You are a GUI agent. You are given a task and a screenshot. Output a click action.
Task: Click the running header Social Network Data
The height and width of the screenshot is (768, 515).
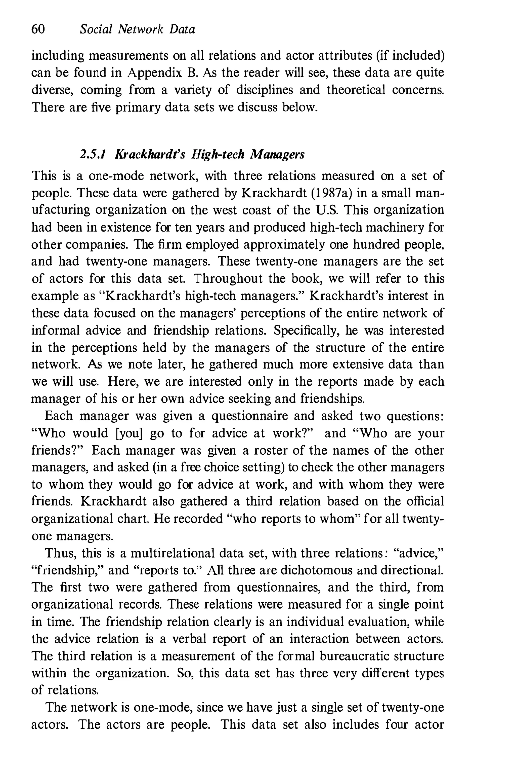pos(137,30)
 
